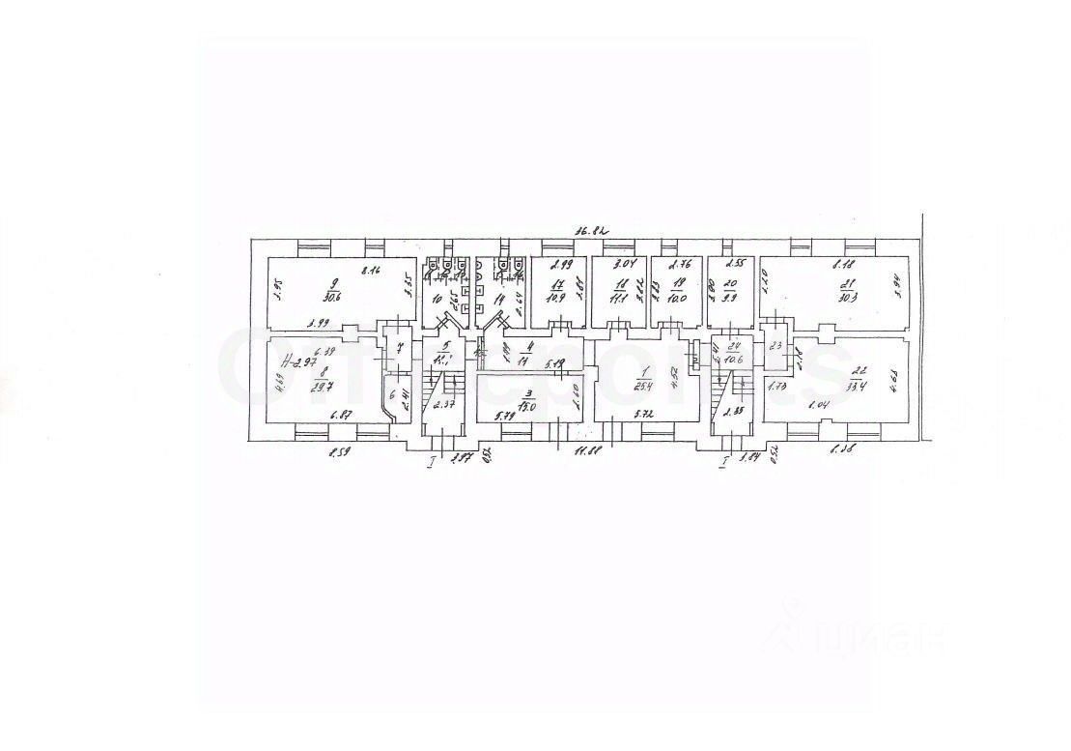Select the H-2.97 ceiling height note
tap(298, 361)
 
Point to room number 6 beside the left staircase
tap(392, 394)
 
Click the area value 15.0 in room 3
tap(526, 406)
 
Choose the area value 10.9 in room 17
tap(557, 299)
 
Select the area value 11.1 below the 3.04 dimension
tap(618, 298)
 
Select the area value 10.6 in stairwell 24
tap(735, 359)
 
